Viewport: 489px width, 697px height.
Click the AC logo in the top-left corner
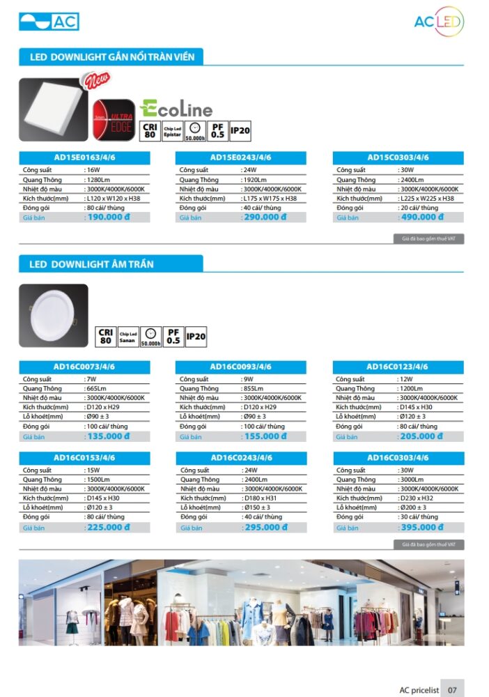49,22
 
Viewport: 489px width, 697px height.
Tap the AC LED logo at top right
438,22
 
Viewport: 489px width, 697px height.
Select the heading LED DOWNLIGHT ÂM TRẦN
91,264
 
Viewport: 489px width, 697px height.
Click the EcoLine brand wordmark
176,109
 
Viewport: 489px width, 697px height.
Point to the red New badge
95,82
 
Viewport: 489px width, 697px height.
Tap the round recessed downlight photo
53,316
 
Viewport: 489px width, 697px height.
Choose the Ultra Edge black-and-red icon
114,121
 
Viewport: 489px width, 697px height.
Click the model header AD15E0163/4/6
84,158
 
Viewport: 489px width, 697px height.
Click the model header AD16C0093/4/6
241,367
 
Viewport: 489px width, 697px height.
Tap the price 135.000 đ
107,437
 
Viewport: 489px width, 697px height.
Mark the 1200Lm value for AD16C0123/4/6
411,388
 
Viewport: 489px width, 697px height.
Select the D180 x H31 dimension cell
259,498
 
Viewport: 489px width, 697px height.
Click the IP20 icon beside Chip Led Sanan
196,337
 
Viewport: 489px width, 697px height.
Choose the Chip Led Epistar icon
171,131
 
